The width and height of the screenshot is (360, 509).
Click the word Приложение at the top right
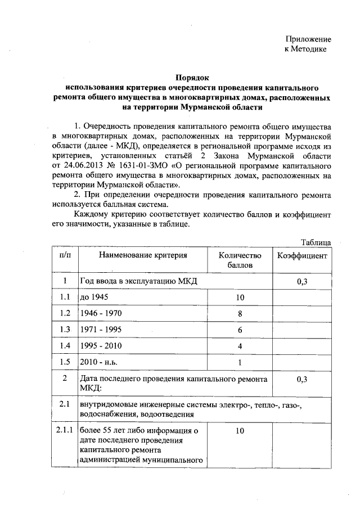pos(308,39)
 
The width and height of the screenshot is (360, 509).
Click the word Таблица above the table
pos(316,242)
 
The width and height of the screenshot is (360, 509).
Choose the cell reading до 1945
pos(94,297)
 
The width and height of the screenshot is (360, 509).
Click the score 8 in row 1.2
pos(240,313)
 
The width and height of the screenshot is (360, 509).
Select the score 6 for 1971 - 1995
pos(240,330)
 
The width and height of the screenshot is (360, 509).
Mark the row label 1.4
pos(65,345)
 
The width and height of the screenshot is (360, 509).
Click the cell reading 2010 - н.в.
pos(99,362)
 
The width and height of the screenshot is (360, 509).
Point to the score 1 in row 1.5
pos(240,362)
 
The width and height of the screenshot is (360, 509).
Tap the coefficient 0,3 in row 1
pos(302,281)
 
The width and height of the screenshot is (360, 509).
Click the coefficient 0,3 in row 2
pos(302,380)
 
